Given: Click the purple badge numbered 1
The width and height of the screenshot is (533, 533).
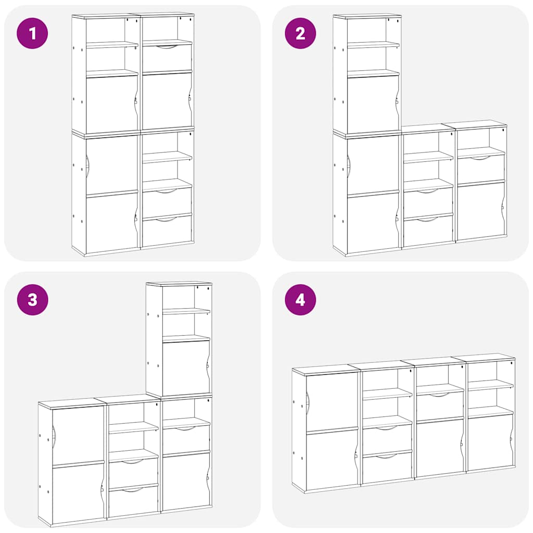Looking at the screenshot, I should [32, 33].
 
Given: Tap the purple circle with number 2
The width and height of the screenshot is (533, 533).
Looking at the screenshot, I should [300, 33].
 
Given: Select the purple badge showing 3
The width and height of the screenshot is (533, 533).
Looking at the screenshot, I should [32, 300].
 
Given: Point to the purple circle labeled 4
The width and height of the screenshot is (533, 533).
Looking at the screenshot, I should [300, 300].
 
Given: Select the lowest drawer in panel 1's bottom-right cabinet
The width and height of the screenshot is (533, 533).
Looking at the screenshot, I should [167, 231].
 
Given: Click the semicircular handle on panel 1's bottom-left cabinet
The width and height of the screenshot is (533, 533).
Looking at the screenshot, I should [87, 166].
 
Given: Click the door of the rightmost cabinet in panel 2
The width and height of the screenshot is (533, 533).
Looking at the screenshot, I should [480, 211].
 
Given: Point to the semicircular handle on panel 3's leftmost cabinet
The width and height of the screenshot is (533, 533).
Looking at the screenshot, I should [54, 433].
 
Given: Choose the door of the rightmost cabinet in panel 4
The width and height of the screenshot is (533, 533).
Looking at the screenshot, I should [489, 442].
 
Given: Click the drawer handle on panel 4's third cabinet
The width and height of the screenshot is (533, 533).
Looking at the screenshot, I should [440, 395].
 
